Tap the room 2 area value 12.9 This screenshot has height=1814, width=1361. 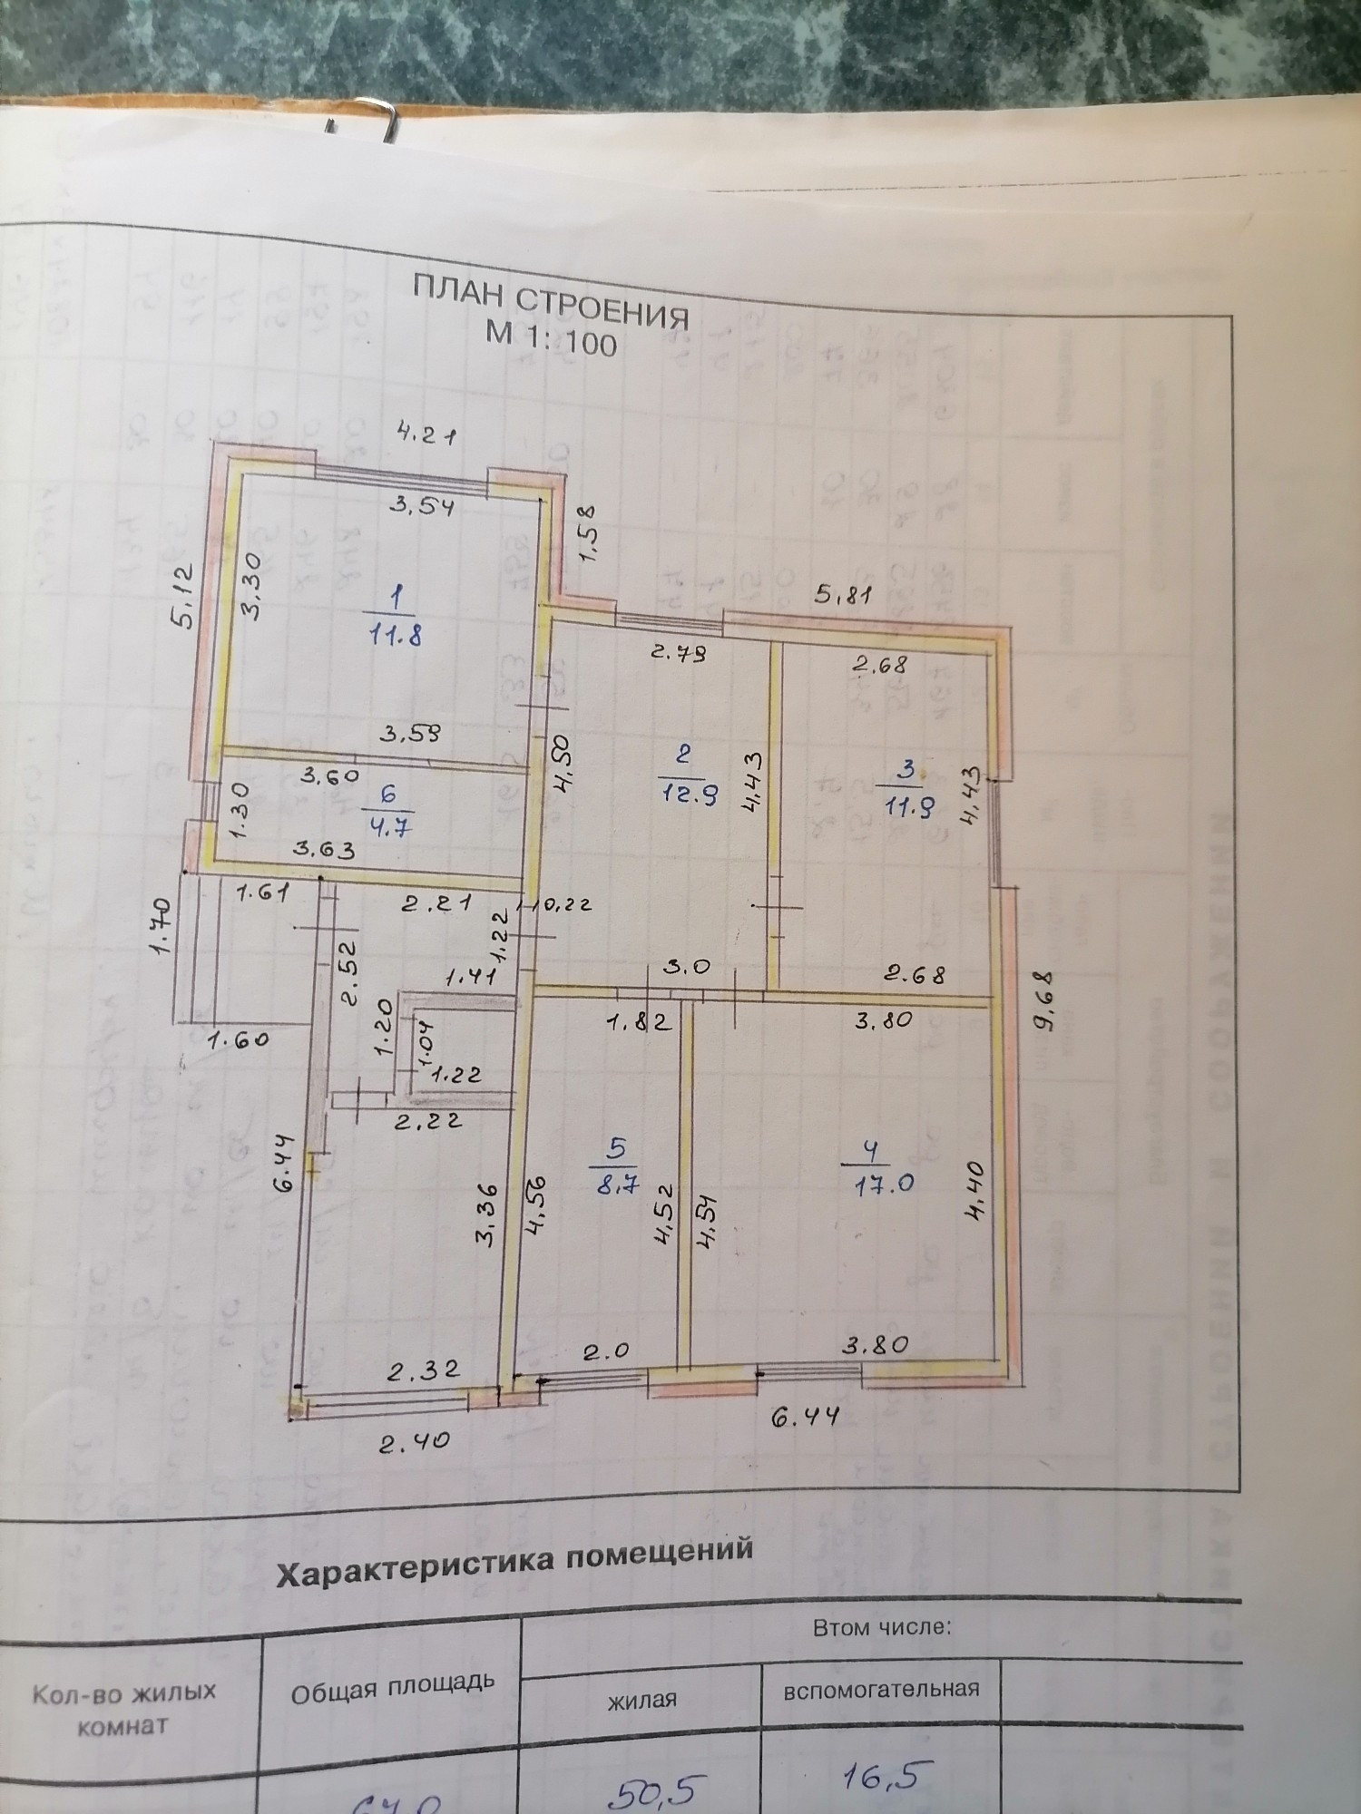[x=685, y=795]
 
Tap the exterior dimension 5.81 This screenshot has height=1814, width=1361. [x=844, y=595]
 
